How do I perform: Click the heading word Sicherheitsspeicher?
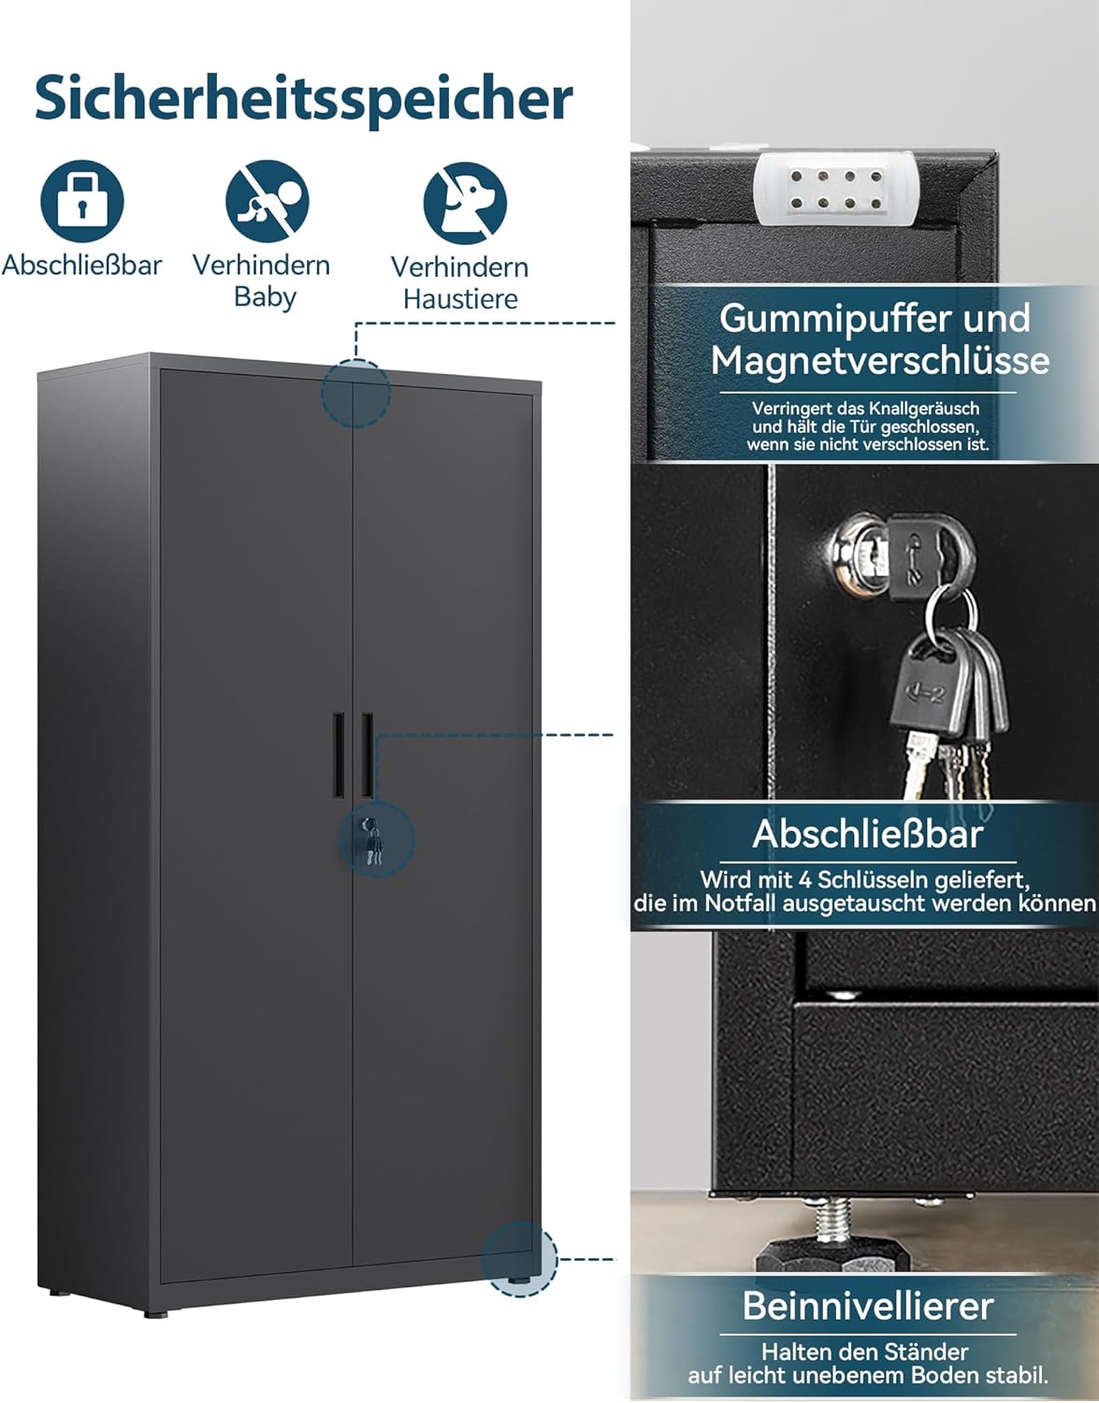click(x=304, y=99)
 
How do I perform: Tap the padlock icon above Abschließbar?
click(x=82, y=201)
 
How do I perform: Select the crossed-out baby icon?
click(x=268, y=201)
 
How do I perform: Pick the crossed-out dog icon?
click(x=465, y=203)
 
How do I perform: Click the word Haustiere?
click(x=460, y=299)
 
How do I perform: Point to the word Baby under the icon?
click(x=266, y=297)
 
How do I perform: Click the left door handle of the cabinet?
click(x=339, y=755)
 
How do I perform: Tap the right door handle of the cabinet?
click(x=368, y=755)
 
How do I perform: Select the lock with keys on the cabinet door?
click(x=372, y=841)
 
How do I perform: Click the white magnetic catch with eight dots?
click(x=835, y=188)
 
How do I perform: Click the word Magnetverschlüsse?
click(x=879, y=360)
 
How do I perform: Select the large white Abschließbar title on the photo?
click(x=867, y=833)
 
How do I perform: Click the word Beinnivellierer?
click(x=867, y=1306)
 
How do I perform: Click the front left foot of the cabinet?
click(x=155, y=1313)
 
